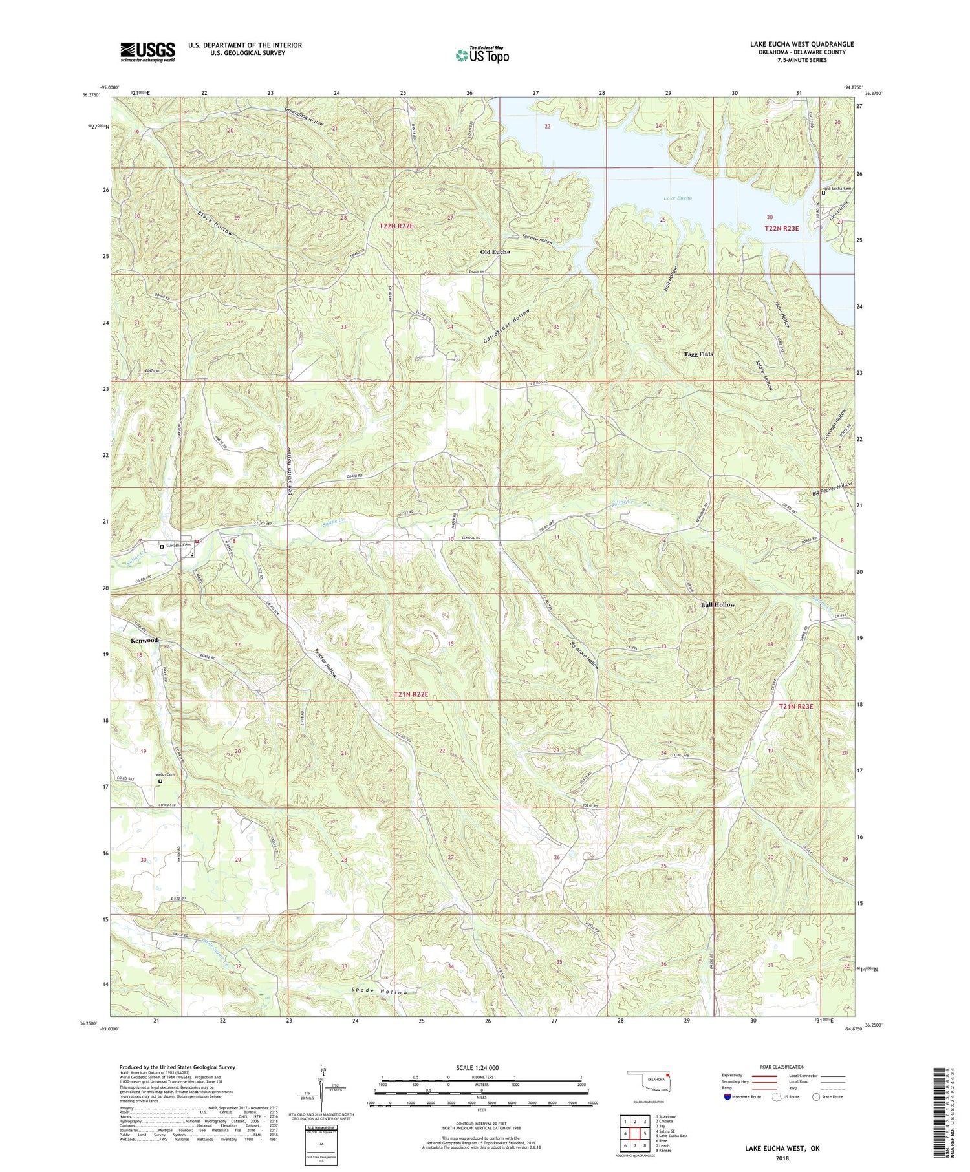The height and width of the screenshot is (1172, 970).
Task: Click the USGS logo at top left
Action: [x=147, y=52]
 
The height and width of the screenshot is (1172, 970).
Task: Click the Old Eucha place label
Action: [x=495, y=251]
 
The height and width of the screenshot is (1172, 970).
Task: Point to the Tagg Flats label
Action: [x=698, y=354]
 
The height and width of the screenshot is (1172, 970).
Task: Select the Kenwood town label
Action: [x=142, y=640]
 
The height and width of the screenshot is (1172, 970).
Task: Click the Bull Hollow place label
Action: [x=718, y=604]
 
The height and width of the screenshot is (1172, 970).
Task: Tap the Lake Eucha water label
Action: [x=677, y=198]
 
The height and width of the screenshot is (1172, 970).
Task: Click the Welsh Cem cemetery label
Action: [x=164, y=774]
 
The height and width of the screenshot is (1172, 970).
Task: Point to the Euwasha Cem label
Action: [x=180, y=546]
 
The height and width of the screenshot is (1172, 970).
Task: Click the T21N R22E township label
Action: [x=411, y=694]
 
